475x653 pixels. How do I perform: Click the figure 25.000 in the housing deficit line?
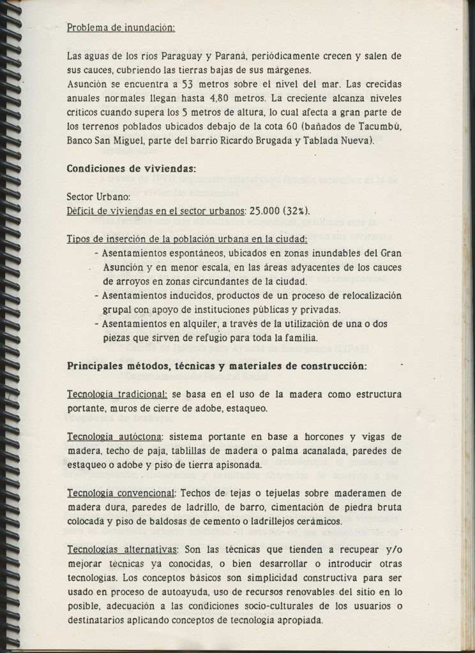(262, 210)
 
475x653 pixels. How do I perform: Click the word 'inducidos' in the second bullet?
(188, 295)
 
